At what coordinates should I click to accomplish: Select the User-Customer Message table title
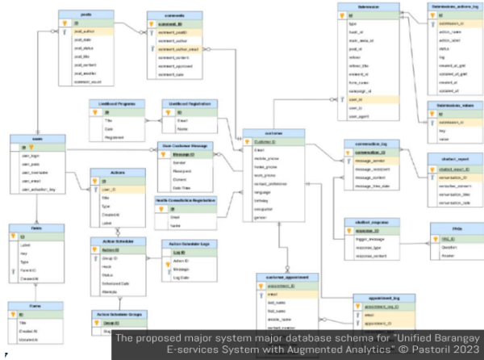pyautogui.click(x=187, y=146)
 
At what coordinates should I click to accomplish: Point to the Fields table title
pyautogui.click(x=27, y=229)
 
